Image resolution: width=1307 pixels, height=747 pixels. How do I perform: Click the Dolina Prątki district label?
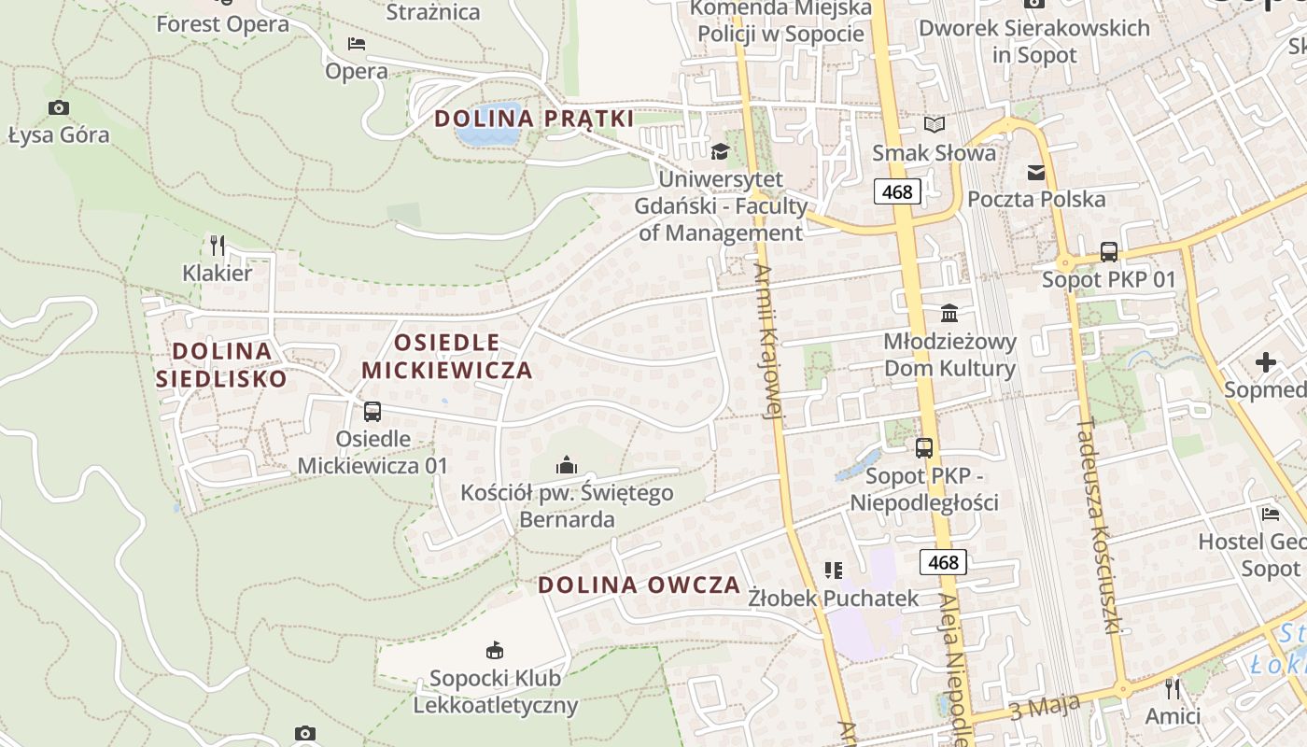point(534,119)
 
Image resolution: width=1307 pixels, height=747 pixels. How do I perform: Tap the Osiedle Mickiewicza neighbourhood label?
point(446,356)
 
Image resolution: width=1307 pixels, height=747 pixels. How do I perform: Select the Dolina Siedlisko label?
point(221,364)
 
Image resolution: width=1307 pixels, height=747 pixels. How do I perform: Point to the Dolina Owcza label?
point(639,585)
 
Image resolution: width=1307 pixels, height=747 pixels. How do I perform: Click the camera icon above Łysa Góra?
point(59,107)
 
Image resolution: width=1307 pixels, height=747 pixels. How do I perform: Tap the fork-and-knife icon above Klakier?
point(218,246)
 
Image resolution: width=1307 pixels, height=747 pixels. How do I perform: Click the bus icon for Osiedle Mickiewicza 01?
point(372,411)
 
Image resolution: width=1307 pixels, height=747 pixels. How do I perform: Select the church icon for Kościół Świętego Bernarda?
point(566,464)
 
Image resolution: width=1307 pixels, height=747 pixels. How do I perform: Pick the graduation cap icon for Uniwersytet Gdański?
point(720,151)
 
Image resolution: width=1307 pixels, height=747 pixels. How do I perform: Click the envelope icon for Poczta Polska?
point(1036,172)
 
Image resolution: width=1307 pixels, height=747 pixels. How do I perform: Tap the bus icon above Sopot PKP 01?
point(1108,251)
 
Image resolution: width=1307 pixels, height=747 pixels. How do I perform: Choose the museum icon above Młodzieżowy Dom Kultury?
point(949,313)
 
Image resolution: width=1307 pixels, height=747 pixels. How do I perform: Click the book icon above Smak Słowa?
point(934,124)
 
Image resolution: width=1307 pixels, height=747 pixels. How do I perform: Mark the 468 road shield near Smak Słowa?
point(897,192)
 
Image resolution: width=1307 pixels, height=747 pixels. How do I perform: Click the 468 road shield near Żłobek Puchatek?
point(943,562)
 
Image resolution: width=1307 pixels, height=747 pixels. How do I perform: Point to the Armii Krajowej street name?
point(767,341)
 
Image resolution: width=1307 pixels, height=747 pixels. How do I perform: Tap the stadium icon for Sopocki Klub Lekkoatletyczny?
point(495,650)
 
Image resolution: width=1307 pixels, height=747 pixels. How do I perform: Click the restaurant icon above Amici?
point(1173,689)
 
